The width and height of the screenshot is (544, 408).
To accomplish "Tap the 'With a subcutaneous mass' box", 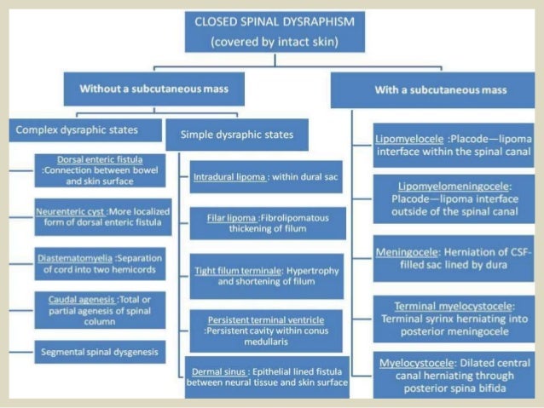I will coord(430,89).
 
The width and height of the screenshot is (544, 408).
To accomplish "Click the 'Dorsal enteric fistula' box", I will coord(100,170).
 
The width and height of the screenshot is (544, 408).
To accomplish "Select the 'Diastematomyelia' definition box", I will coord(100,264).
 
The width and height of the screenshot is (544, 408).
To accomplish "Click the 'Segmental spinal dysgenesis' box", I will coord(100,350).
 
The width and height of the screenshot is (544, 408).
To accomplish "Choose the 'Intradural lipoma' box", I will coord(265,177).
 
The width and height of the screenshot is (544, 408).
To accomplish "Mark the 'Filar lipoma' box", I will coord(266,224).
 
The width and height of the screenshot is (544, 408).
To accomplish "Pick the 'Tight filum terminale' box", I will coord(266,275).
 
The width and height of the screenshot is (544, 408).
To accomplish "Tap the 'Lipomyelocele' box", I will coord(454,146).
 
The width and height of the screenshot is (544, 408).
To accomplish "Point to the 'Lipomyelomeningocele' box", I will coord(454,198).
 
